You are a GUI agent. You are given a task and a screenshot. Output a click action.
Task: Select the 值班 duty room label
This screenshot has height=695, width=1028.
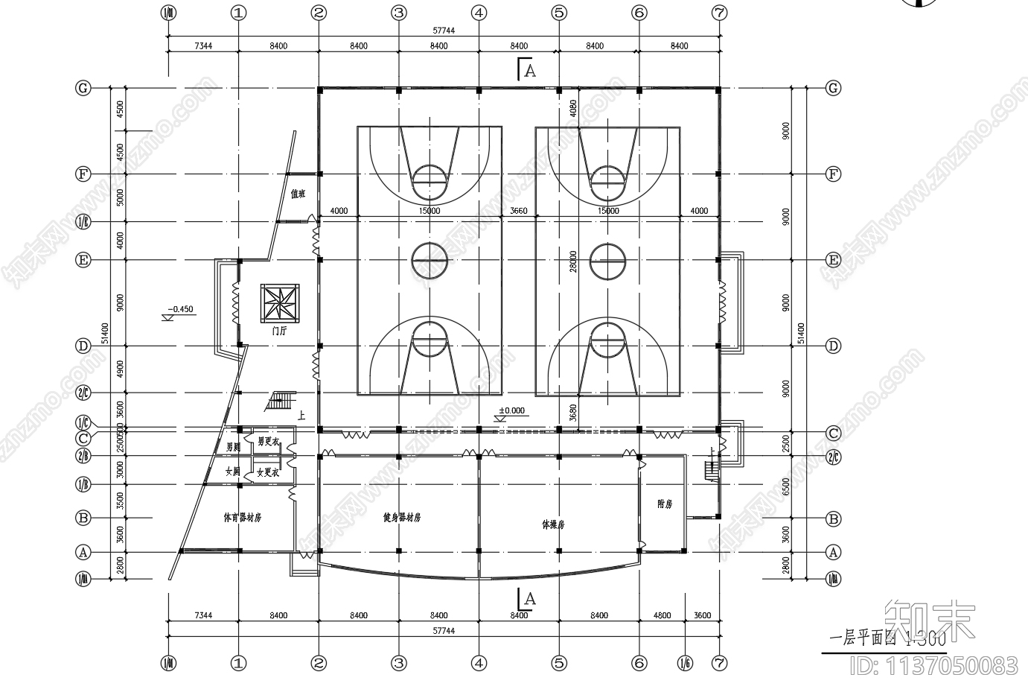click(298, 194)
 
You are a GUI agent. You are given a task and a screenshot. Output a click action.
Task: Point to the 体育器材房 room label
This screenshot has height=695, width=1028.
click(243, 517)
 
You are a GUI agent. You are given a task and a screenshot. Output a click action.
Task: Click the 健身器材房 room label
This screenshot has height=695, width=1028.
click(402, 517)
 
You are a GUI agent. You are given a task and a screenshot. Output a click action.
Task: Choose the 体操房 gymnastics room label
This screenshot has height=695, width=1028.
click(553, 524)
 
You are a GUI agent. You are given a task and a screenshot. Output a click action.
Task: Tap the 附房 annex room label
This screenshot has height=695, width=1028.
click(665, 504)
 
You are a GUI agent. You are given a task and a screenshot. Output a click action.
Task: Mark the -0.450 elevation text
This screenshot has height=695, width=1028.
click(180, 309)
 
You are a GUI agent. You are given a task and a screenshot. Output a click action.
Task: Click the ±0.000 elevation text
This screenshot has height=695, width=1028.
click(511, 411)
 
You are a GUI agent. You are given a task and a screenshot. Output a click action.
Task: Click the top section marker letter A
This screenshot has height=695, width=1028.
click(530, 71)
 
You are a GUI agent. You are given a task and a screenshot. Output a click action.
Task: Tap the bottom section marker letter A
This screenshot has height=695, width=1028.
click(530, 598)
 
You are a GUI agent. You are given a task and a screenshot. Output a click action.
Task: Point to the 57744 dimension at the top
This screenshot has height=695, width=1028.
click(444, 31)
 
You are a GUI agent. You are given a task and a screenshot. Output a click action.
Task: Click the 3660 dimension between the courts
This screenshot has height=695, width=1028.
click(519, 211)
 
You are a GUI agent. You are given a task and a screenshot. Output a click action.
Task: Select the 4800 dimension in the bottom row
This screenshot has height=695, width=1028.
click(662, 615)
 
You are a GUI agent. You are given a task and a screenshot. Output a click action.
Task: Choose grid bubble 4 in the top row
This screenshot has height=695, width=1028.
click(479, 13)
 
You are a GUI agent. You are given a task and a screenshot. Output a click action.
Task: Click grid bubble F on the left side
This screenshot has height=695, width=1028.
click(83, 174)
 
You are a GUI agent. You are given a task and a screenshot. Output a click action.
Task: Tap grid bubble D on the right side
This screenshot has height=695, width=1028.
click(834, 346)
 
